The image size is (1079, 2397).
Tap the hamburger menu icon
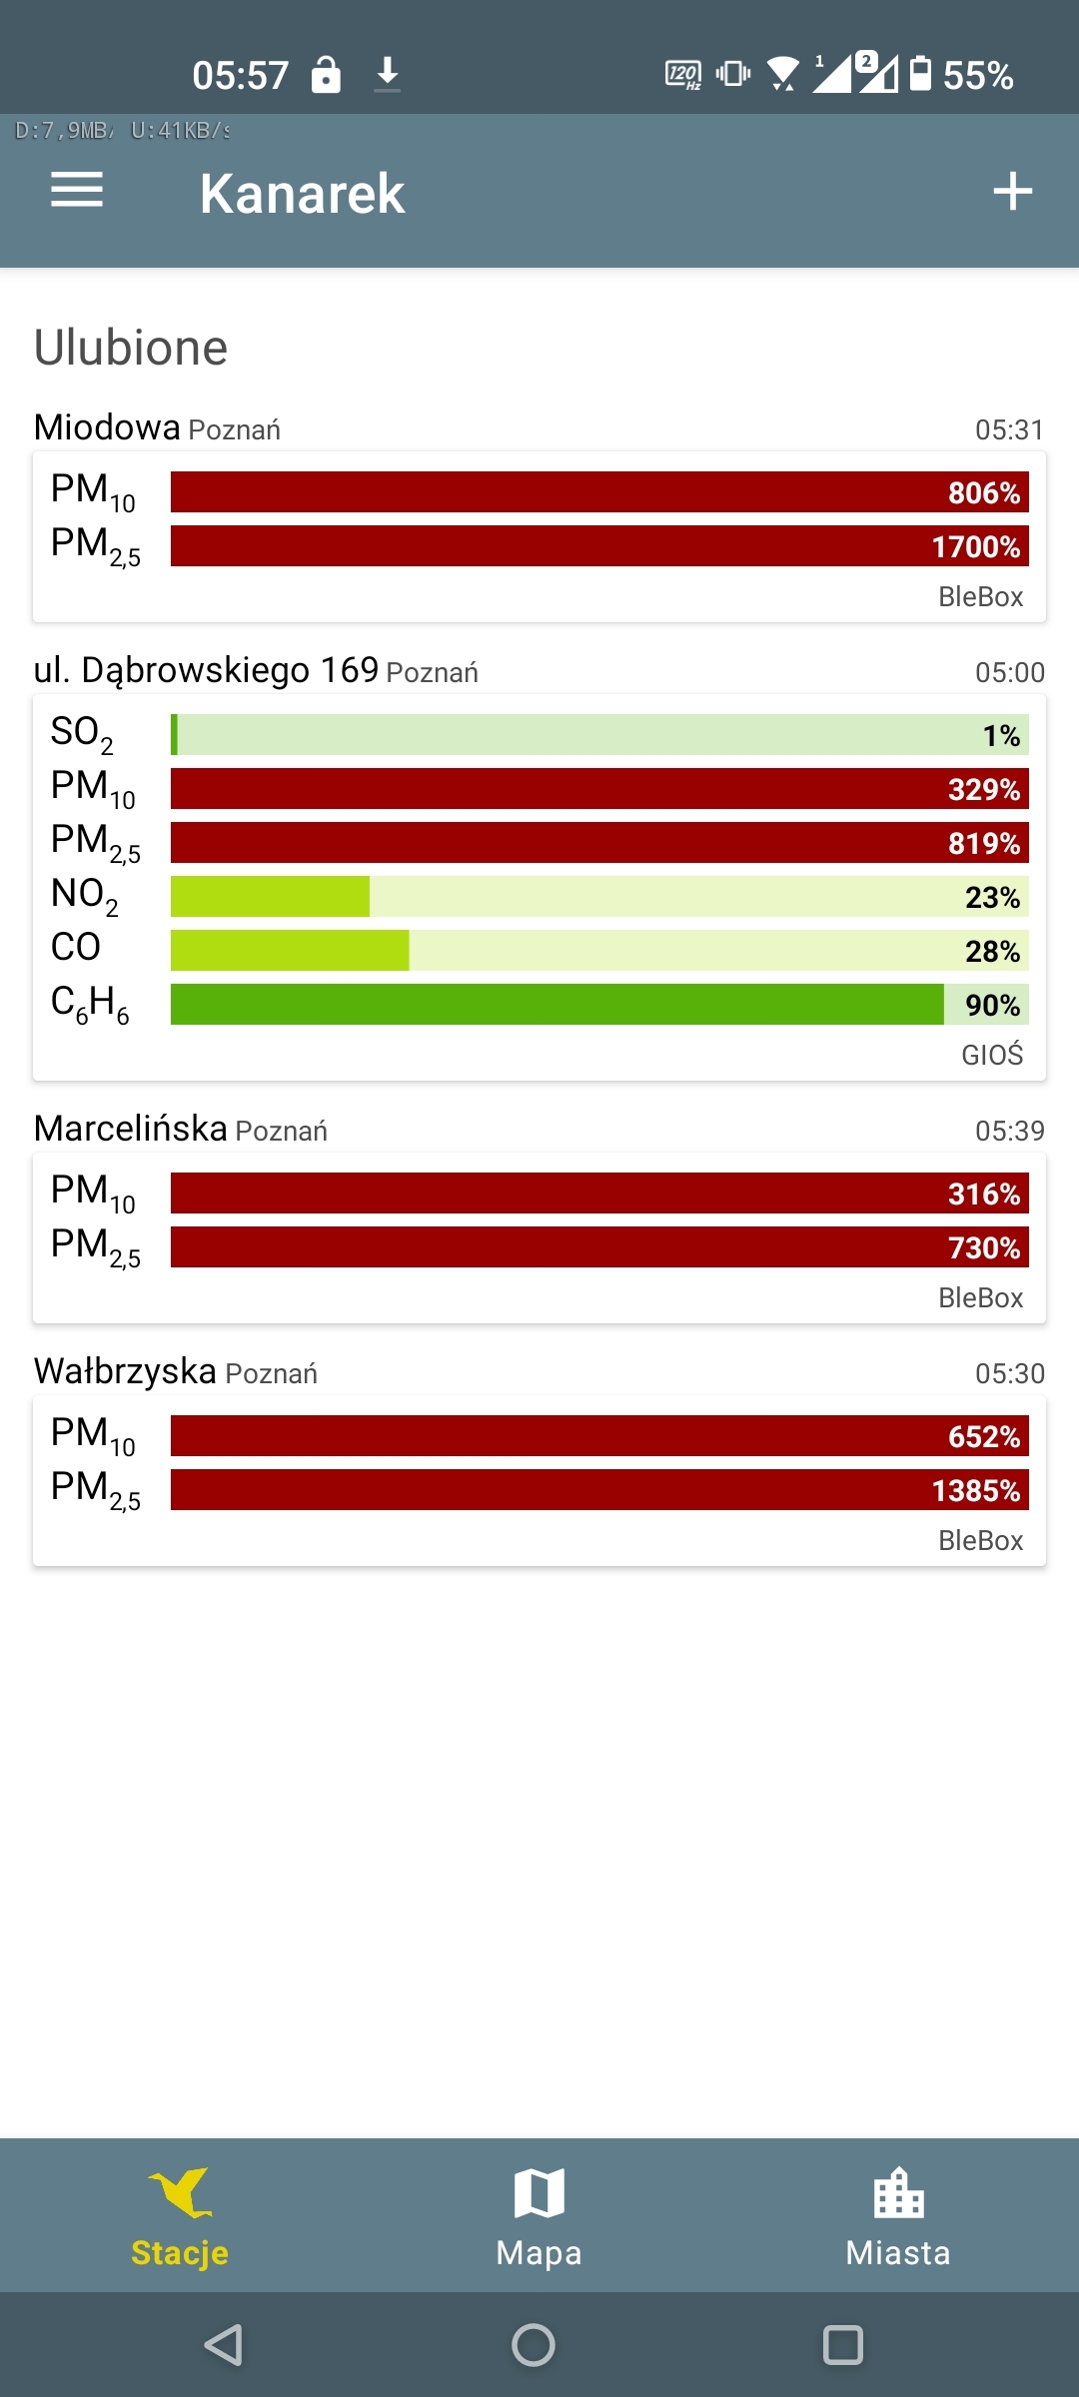pyautogui.click(x=77, y=190)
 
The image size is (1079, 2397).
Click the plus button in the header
pyautogui.click(x=1012, y=191)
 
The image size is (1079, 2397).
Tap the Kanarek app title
pyautogui.click(x=302, y=193)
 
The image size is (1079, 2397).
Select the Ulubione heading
pyautogui.click(x=131, y=348)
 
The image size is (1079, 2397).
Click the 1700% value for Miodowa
pyautogui.click(x=975, y=546)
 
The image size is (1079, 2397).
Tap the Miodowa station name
pyautogui.click(x=107, y=427)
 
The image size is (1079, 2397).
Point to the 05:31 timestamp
pyautogui.click(x=1009, y=429)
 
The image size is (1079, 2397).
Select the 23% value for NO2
pyautogui.click(x=992, y=897)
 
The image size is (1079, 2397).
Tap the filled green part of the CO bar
pyautogui.click(x=290, y=950)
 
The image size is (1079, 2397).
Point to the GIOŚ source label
pyautogui.click(x=992, y=1055)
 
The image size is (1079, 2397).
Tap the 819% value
pyautogui.click(x=983, y=843)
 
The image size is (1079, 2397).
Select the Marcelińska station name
pyautogui.click(x=131, y=1129)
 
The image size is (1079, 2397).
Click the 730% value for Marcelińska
pyautogui.click(x=983, y=1247)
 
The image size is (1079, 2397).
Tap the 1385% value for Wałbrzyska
pyautogui.click(x=975, y=1490)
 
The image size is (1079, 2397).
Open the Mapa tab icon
pyautogui.click(x=539, y=2192)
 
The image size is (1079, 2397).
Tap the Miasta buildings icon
pyautogui.click(x=898, y=2192)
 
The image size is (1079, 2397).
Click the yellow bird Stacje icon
pyautogui.click(x=181, y=2192)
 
